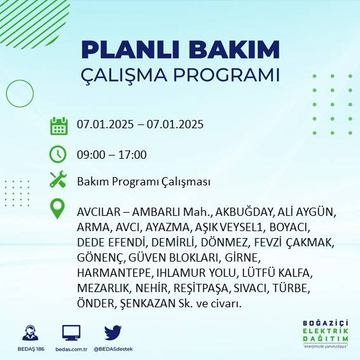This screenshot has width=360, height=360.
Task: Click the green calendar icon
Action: pyautogui.click(x=58, y=125)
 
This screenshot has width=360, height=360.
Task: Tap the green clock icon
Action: pyautogui.click(x=58, y=154)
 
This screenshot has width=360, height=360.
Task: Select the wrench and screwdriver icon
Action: pyautogui.click(x=58, y=180)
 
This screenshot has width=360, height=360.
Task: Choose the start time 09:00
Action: pyautogui.click(x=90, y=155)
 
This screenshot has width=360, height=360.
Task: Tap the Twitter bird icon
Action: pyautogui.click(x=112, y=333)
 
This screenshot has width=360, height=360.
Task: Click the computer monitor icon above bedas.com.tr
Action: pyautogui.click(x=71, y=333)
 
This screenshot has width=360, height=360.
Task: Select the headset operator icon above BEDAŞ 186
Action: pyautogui.click(x=29, y=333)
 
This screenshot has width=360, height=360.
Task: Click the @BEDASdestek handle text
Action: pyautogui.click(x=113, y=349)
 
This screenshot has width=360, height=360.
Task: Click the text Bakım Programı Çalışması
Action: pyautogui.click(x=143, y=182)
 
